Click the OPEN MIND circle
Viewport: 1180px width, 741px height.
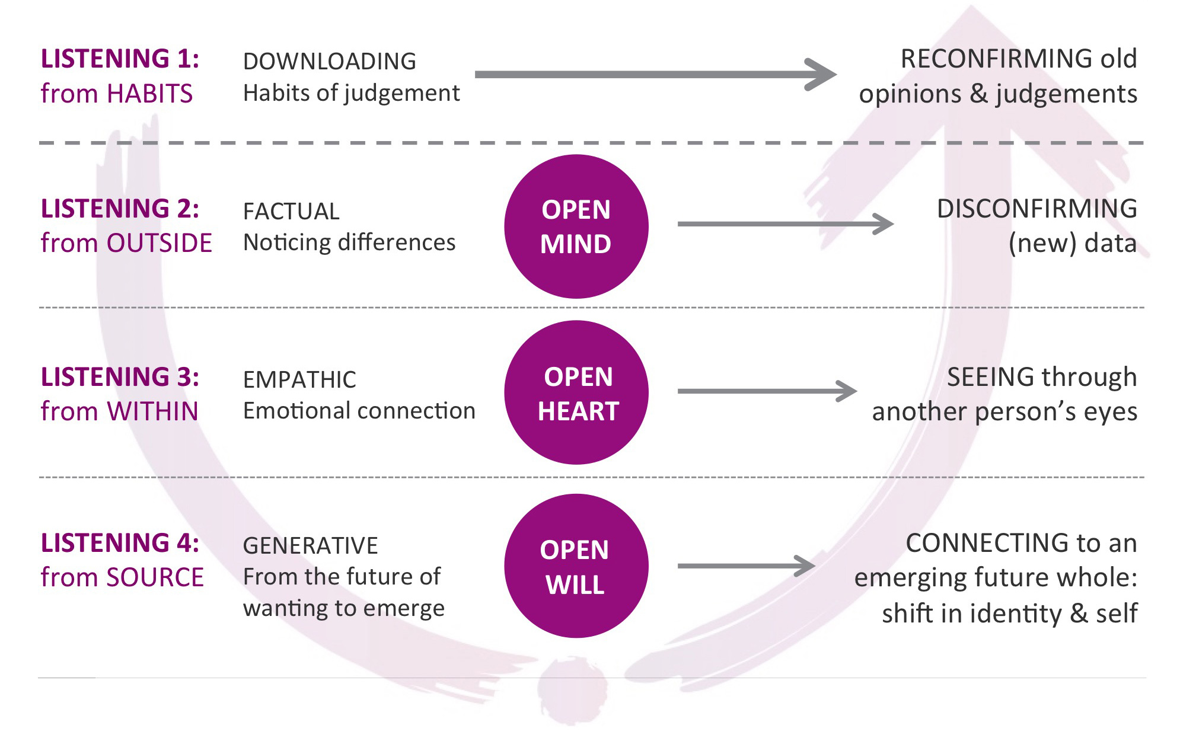[x=576, y=226]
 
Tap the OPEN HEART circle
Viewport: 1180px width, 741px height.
[x=576, y=392]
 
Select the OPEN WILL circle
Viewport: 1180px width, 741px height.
[x=576, y=566]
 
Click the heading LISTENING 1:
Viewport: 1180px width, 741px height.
[x=120, y=59]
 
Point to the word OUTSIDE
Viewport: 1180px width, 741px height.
[x=159, y=243]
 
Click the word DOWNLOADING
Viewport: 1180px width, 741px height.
[x=330, y=62]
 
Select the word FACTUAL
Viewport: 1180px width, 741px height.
[x=291, y=212]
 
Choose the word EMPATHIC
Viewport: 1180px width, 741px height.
[x=299, y=380]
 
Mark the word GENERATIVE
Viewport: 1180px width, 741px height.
[x=310, y=546]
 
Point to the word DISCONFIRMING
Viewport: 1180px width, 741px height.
[x=1037, y=209]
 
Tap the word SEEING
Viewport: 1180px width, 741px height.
[x=990, y=377]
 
